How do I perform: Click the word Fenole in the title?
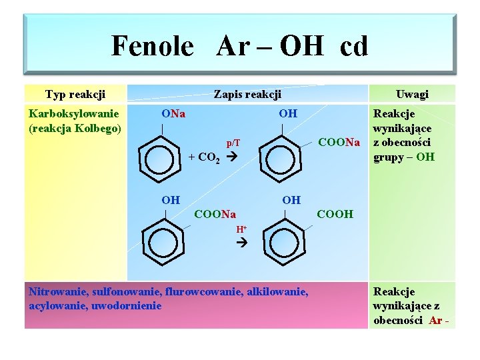coord(152,46)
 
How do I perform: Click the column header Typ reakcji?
coord(75,94)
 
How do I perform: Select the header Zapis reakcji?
coord(247,95)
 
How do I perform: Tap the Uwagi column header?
coord(412,94)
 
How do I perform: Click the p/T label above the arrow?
coord(233,143)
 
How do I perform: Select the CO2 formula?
coord(210,158)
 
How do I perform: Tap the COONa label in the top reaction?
coord(339,142)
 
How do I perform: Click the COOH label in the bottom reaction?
coord(335,214)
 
